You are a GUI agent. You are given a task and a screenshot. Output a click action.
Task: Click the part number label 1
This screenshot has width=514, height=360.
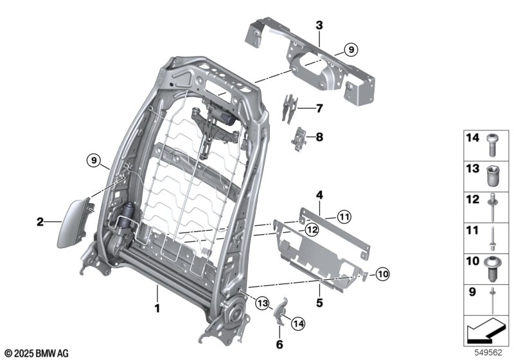click(156, 309)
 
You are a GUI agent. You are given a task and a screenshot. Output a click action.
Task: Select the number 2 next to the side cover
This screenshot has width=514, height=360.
click(40, 222)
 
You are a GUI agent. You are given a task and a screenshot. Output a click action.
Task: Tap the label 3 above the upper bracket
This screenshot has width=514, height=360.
click(319, 26)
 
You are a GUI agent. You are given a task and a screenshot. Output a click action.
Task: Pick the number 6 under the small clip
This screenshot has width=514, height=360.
click(279, 344)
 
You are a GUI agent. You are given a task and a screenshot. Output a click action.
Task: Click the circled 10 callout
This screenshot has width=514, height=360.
click(382, 275)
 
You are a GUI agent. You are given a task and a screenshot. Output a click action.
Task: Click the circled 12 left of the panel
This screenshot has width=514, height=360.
click(312, 229)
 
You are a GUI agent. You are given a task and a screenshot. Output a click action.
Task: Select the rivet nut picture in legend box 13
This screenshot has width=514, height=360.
click(492, 174)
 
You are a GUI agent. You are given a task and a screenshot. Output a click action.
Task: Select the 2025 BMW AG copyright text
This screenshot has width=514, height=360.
click(36, 353)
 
